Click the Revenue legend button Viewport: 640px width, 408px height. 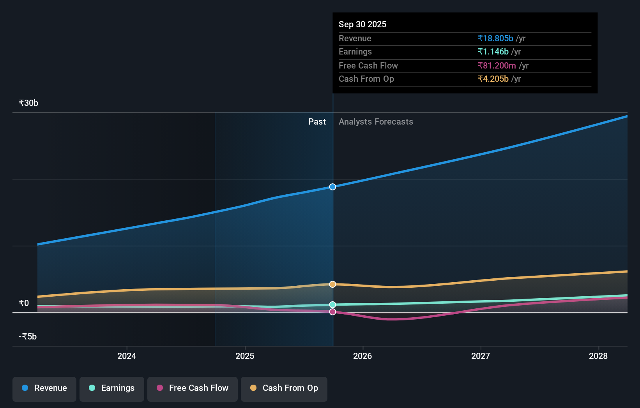pyautogui.click(x=44, y=388)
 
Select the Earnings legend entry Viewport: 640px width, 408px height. pyautogui.click(x=112, y=388)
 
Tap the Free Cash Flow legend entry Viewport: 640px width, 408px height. pyautogui.click(x=193, y=388)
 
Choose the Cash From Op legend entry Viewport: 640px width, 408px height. pyautogui.click(x=284, y=388)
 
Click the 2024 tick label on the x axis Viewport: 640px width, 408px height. pyautogui.click(x=127, y=356)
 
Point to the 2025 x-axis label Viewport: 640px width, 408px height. pyautogui.click(x=245, y=356)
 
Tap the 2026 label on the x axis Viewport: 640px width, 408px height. pyautogui.click(x=362, y=356)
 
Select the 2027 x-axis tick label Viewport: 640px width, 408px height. pyautogui.click(x=481, y=356)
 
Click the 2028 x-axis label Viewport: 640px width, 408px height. pyautogui.click(x=598, y=356)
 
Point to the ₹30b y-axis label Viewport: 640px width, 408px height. pyautogui.click(x=28, y=103)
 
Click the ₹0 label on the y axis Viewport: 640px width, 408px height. pyautogui.click(x=24, y=303)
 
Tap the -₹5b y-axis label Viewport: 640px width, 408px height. pyautogui.click(x=28, y=337)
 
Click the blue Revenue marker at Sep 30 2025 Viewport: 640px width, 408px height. pyautogui.click(x=332, y=187)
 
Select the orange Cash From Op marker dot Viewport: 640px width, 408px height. pyautogui.click(x=332, y=284)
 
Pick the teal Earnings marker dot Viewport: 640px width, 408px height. pyautogui.click(x=332, y=304)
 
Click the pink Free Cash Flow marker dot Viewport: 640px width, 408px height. pyautogui.click(x=332, y=312)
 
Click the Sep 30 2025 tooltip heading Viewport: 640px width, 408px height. pyautogui.click(x=362, y=25)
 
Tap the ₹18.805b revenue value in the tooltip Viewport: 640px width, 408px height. pyautogui.click(x=495, y=39)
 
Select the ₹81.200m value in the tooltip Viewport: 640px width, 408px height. pyautogui.click(x=497, y=66)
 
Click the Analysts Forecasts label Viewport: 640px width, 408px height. pyautogui.click(x=376, y=122)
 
